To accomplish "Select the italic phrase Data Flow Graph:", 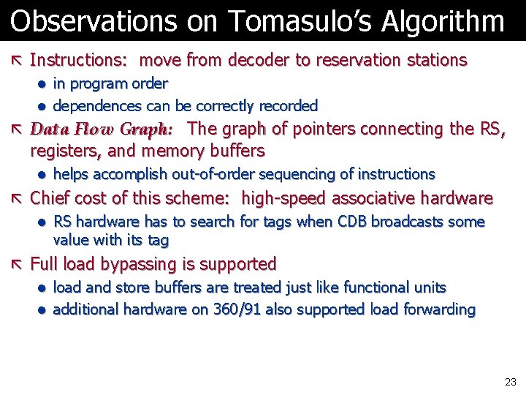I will (x=102, y=129).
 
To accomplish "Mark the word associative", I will (x=385, y=198).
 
